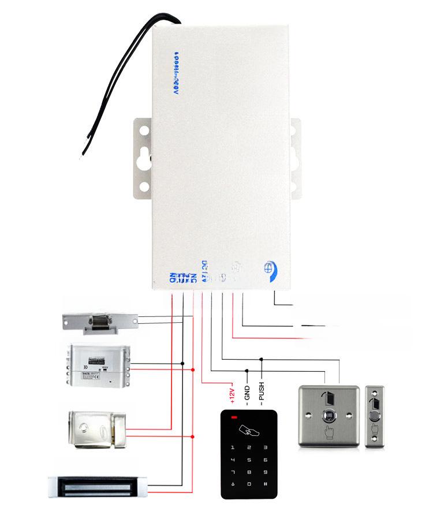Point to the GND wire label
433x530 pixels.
coord(247,395)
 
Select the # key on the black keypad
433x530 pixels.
coord(265,484)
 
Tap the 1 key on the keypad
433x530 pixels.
coord(233,447)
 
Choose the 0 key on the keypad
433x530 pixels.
coord(249,484)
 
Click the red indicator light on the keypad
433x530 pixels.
coord(234,417)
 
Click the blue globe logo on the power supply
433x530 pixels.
coord(271,268)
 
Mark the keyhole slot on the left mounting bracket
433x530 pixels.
coord(144,156)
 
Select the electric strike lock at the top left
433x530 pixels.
coord(101,322)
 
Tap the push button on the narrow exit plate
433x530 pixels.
coord(376,416)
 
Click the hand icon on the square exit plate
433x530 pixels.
coord(329,432)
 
